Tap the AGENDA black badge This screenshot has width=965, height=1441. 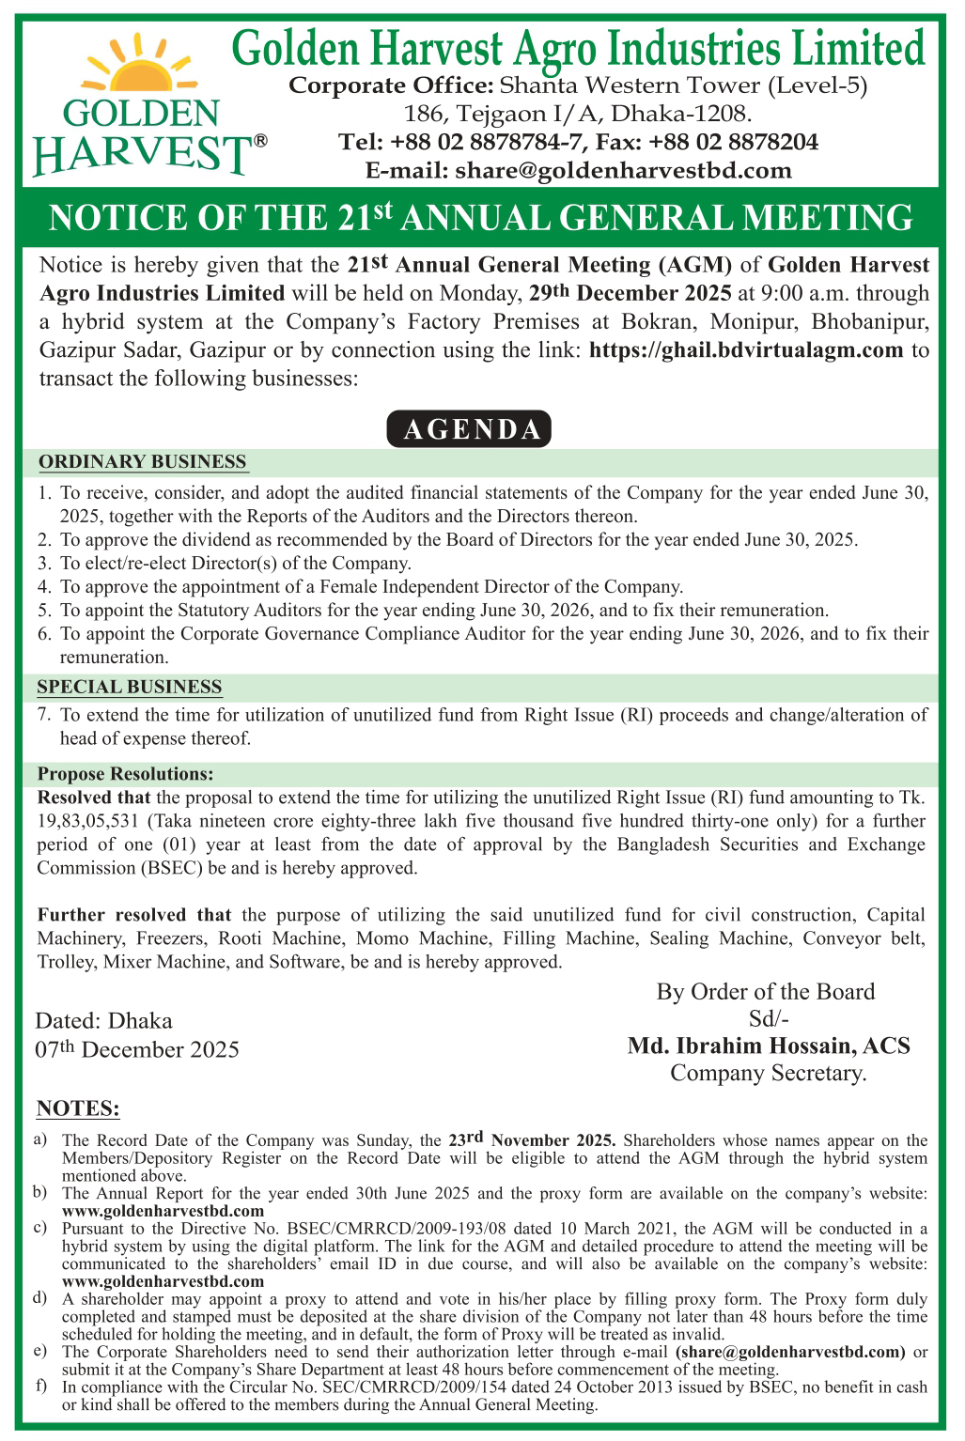[469, 429]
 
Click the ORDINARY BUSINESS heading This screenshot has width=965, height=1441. [142, 462]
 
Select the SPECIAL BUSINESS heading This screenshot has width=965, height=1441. [130, 687]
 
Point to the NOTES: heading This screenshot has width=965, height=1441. [78, 1108]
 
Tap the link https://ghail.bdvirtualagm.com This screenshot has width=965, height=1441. [746, 350]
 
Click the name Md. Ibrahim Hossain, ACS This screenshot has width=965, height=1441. [769, 1046]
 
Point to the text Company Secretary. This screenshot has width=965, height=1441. [768, 1073]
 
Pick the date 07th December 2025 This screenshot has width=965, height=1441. [137, 1049]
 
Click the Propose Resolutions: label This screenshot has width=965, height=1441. [125, 774]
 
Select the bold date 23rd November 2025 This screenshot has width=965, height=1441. [532, 1139]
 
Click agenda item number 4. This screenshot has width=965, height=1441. [43, 586]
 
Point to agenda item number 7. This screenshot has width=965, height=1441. [43, 715]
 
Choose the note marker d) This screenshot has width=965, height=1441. [39, 1298]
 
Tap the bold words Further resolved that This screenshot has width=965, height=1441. [134, 915]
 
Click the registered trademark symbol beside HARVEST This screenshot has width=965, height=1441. [260, 141]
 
